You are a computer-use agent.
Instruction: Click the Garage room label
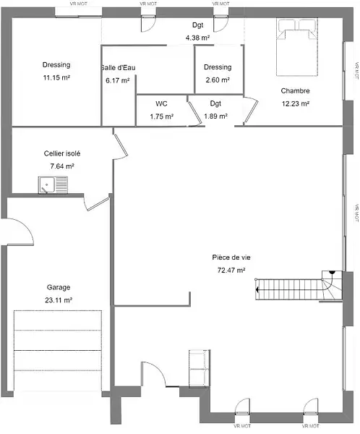[59, 288]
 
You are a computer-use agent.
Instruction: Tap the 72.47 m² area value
[231, 270]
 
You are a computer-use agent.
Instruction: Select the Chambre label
[295, 91]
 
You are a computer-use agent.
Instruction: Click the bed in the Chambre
[297, 47]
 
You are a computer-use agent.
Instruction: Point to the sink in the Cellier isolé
[53, 185]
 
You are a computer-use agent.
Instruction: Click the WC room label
[161, 103]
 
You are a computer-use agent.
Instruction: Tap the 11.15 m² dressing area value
[56, 78]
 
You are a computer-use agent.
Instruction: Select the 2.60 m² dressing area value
[218, 80]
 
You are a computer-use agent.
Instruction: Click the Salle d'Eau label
[118, 68]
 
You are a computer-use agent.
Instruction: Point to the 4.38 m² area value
[197, 38]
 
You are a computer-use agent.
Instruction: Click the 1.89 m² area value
[216, 116]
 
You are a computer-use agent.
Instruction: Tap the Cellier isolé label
[62, 153]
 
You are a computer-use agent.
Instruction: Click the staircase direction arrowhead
[257, 290]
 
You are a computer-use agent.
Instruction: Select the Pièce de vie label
[231, 258]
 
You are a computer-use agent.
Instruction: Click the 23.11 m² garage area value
[59, 300]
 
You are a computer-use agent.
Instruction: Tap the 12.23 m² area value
[296, 103]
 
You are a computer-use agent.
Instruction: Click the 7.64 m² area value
[62, 166]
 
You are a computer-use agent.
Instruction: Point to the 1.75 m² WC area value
[162, 116]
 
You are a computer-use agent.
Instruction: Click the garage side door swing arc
[27, 226]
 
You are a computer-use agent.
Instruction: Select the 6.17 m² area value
[118, 80]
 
